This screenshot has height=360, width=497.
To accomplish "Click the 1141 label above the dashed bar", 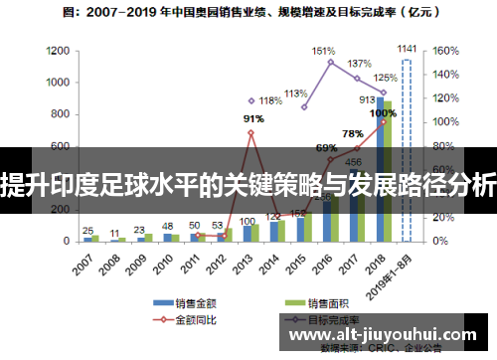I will click(407, 48).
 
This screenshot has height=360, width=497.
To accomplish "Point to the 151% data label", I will click(323, 50).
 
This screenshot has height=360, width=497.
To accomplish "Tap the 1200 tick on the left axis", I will click(58, 51).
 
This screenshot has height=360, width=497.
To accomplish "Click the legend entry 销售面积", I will click(327, 302).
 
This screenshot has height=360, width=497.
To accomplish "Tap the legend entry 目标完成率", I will click(333, 320).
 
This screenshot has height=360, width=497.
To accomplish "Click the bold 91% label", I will click(253, 119).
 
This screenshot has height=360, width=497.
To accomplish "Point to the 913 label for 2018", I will click(367, 99).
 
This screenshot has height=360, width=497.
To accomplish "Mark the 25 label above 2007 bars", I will click(87, 229).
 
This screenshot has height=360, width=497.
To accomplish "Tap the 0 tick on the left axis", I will click(66, 242).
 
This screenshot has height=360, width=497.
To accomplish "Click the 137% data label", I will click(359, 64).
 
